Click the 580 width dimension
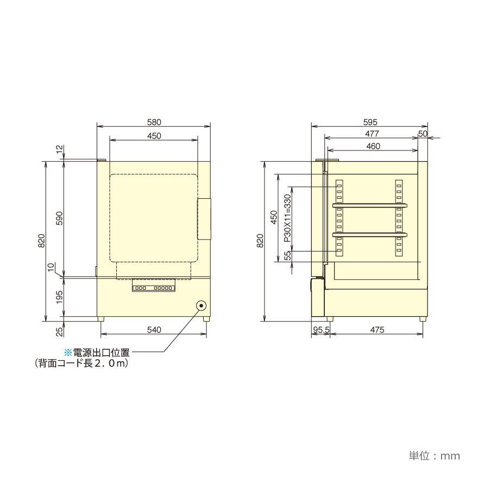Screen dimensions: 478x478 coord(154,122)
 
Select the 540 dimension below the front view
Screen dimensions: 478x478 coord(154,330)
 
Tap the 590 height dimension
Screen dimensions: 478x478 coord(59,218)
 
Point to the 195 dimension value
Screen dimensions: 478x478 coord(59,297)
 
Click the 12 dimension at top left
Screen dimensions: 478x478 coord(60,149)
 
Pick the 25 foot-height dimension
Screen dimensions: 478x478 coord(60,331)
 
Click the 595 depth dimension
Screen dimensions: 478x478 coord(370,122)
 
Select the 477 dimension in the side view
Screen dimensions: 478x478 coord(372,134)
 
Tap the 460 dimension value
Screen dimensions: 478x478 coord(373,146)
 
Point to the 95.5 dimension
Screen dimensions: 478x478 coord(321,330)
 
